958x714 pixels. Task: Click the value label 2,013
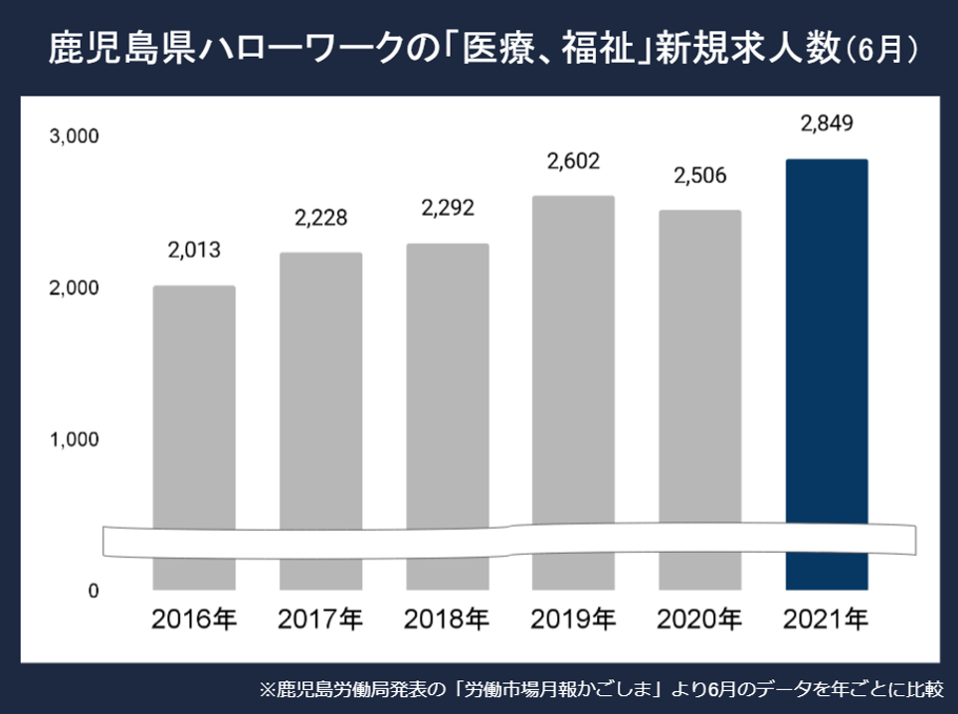pyautogui.click(x=194, y=250)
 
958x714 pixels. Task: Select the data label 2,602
pyautogui.click(x=573, y=161)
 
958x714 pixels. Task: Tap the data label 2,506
pyautogui.click(x=699, y=176)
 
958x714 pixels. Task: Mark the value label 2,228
pyautogui.click(x=320, y=218)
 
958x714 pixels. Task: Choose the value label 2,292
pyautogui.click(x=447, y=209)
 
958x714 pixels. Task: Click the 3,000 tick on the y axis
pyautogui.click(x=75, y=136)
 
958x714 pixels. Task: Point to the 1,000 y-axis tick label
pyautogui.click(x=75, y=439)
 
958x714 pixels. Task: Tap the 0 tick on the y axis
pyautogui.click(x=93, y=591)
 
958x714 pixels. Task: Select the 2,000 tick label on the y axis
pyautogui.click(x=75, y=287)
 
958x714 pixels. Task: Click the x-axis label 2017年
pyautogui.click(x=320, y=620)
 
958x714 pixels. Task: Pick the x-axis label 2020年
pyautogui.click(x=699, y=620)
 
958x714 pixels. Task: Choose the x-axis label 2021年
pyautogui.click(x=826, y=620)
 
